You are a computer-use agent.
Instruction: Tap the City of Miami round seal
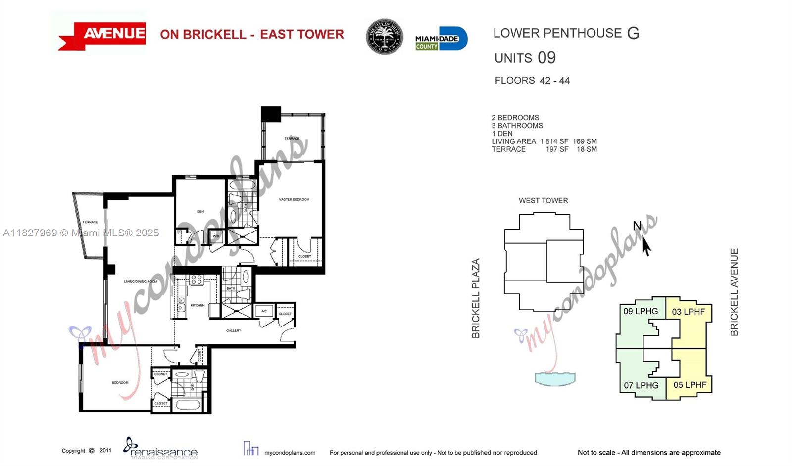[x=384, y=37]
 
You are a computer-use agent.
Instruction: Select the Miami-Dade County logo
[x=441, y=39]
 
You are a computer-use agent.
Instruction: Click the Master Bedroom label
[x=294, y=199]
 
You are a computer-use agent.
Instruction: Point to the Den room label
[x=200, y=211]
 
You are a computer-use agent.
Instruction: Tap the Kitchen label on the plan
[x=198, y=305]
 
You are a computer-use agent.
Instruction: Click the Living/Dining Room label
[x=141, y=281]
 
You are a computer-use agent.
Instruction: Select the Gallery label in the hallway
[x=234, y=330]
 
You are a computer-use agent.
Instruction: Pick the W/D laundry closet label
[x=216, y=236]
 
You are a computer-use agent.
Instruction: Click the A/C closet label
[x=264, y=311]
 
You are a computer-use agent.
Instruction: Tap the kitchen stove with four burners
[x=197, y=280]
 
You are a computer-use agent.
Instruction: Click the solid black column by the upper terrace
[x=271, y=114]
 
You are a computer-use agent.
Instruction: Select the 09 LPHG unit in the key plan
[x=641, y=311]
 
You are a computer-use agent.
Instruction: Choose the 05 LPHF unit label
[x=690, y=385]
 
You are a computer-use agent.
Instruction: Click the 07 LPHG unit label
[x=641, y=385]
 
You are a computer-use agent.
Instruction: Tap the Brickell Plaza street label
[x=476, y=298]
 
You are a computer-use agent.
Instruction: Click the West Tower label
[x=543, y=200]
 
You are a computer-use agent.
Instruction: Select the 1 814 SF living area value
[x=554, y=141]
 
